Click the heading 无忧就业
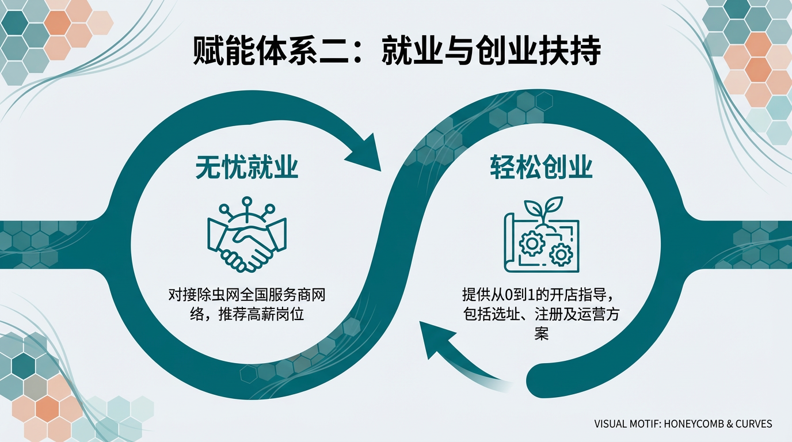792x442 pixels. [x=246, y=167]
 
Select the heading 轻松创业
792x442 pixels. [x=541, y=167]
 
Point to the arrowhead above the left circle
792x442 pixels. [x=369, y=154]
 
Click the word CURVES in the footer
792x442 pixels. [x=753, y=424]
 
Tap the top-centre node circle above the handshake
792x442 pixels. [x=247, y=202]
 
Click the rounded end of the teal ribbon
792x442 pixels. [x=538, y=379]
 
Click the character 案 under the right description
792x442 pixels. [x=541, y=333]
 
